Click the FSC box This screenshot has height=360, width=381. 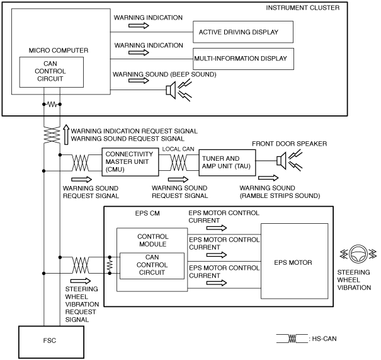[51, 342]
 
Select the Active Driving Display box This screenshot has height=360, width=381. [243, 32]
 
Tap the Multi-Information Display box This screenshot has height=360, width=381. [243, 59]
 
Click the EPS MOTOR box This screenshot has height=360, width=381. [294, 261]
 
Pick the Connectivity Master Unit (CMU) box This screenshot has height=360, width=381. [130, 162]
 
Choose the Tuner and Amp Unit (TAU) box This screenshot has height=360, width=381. [227, 163]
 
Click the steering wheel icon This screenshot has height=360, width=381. [358, 254]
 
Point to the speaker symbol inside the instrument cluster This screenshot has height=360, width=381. [171, 90]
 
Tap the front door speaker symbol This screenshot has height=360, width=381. [281, 161]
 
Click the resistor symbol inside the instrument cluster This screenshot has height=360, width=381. [52, 105]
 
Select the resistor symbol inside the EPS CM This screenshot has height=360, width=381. [110, 265]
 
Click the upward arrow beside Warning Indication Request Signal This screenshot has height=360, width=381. [66, 134]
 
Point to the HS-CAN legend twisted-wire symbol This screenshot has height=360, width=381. [292, 339]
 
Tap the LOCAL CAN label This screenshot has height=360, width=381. [178, 149]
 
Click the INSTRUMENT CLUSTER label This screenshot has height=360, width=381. [302, 8]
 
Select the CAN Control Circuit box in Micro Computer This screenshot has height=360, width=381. [52, 73]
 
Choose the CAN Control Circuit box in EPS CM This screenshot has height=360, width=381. [152, 266]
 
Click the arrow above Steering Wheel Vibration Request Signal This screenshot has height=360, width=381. [81, 281]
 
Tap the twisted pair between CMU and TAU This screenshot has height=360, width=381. [179, 163]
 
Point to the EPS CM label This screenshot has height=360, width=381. [147, 213]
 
